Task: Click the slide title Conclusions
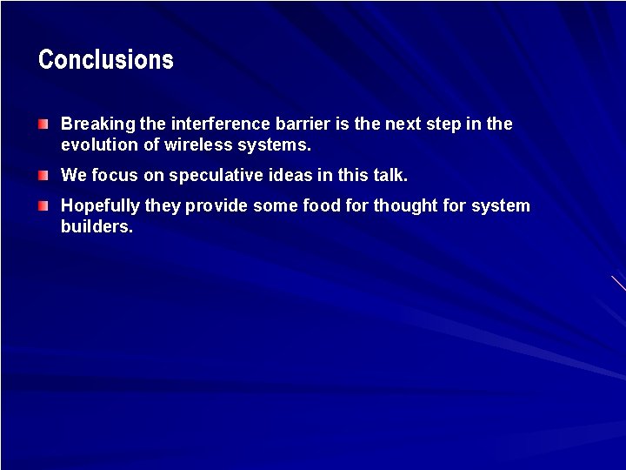(106, 60)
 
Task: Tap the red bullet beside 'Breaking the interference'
(43, 125)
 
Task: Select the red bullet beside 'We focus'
(43, 176)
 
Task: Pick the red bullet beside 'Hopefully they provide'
(43, 206)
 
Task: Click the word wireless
(198, 145)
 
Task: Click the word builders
(97, 227)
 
